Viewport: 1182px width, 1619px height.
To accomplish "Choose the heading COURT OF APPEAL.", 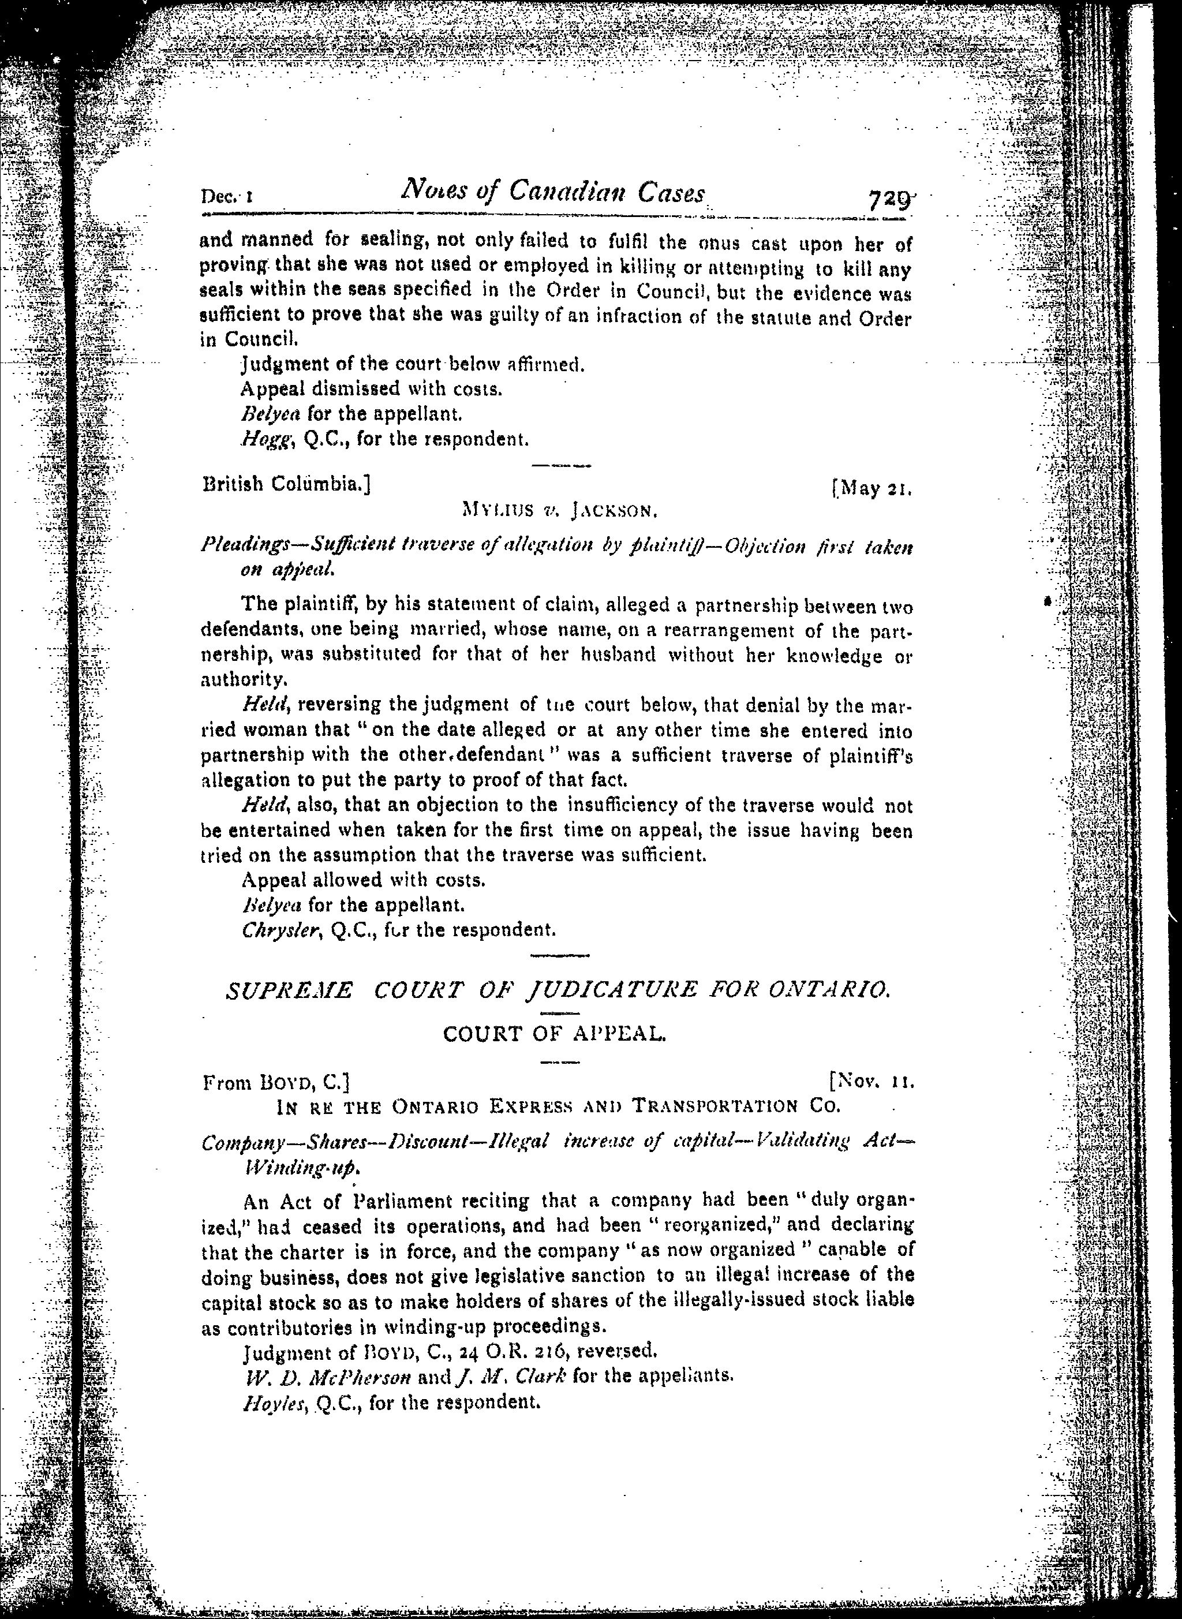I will pyautogui.click(x=555, y=1034).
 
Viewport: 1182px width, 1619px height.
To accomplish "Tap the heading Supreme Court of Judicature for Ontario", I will pyautogui.click(x=558, y=991).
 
